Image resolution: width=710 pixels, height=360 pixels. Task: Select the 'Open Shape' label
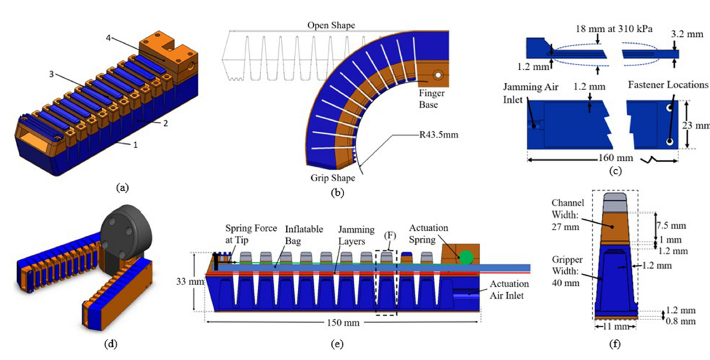click(x=331, y=25)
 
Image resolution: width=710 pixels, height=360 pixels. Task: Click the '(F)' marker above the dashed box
click(x=385, y=237)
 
